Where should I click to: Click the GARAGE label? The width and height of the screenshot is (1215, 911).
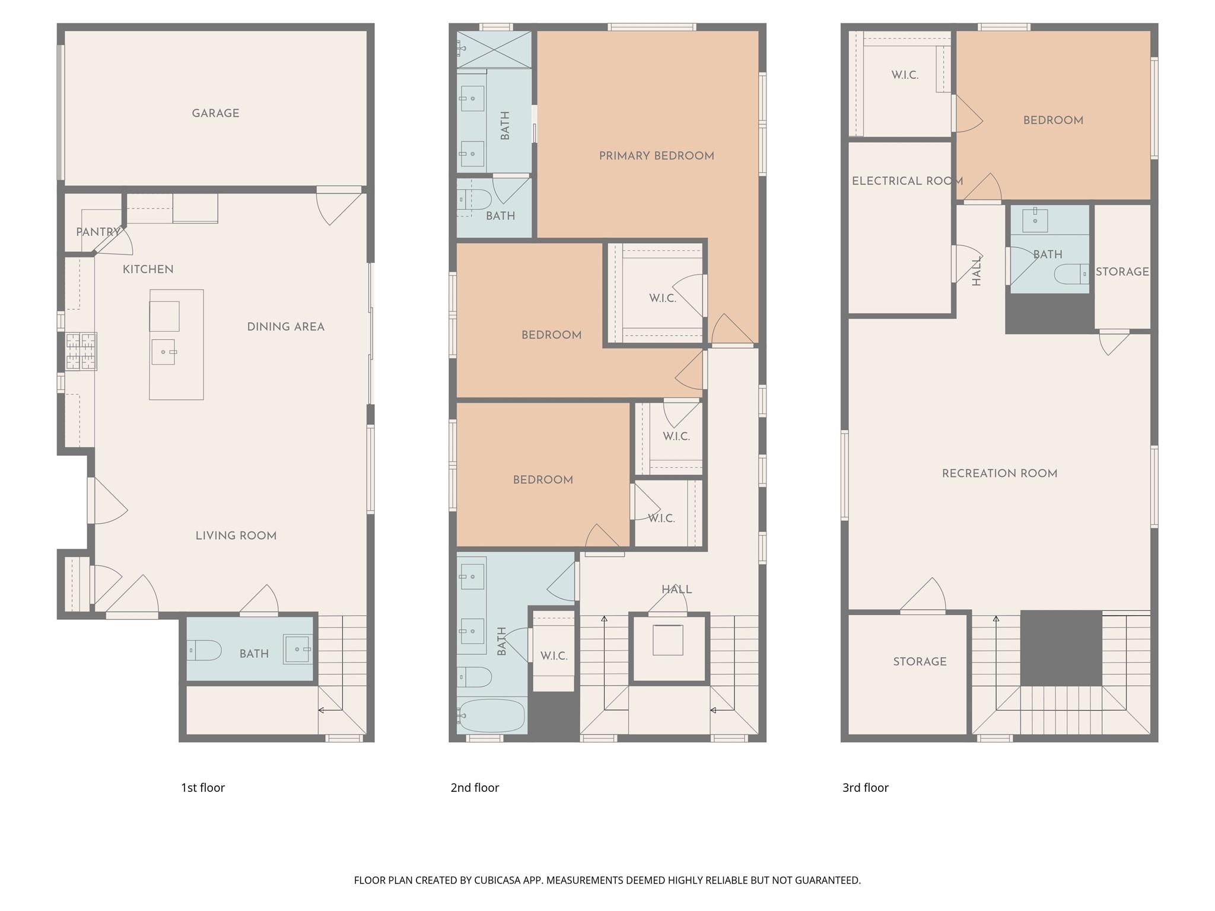pos(215,113)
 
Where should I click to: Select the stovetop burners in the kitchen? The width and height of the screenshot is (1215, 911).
pos(81,351)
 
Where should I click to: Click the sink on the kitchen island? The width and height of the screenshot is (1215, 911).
pos(163,352)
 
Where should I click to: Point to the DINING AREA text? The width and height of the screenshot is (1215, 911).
pos(285,327)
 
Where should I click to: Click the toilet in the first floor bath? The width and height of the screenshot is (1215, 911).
pos(205,651)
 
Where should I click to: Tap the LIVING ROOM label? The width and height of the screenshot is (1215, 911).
pos(236,536)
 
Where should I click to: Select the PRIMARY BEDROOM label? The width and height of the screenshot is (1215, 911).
pos(656,156)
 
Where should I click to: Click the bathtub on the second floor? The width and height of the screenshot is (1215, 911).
pos(491,716)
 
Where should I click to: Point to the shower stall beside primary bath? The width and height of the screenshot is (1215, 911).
pos(494,50)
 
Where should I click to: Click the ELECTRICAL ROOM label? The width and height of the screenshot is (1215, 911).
pos(907,181)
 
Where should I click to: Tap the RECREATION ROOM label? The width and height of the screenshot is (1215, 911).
pos(1000,473)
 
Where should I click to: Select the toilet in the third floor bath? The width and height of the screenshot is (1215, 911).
pos(1071,274)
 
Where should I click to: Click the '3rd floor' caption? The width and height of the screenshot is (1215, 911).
pos(865,788)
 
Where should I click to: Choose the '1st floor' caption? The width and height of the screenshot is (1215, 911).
pos(203,788)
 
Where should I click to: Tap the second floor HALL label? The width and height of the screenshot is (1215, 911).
pos(676,590)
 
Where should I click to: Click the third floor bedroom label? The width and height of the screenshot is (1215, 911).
pos(1053,120)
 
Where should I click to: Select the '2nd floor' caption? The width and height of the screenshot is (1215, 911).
pos(475,788)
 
